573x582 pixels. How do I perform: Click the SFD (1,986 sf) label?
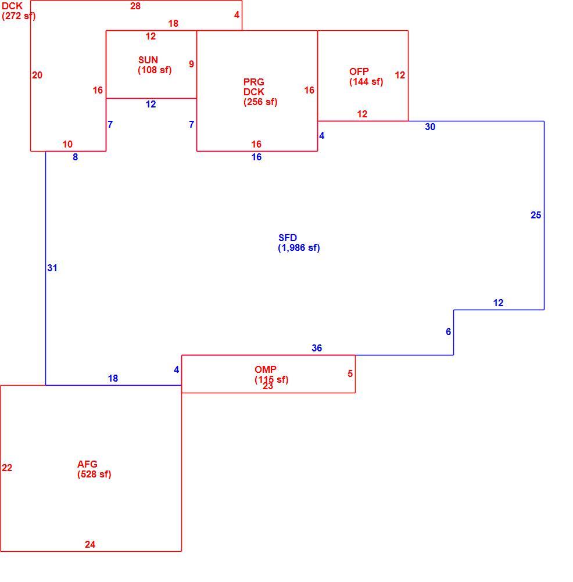coord(299,243)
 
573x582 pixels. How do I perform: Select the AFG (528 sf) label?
coord(94,469)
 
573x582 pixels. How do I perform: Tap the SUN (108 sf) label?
coord(155,65)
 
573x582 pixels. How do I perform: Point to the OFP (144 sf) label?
coord(366,77)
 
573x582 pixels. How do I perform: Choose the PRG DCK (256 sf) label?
coord(260,92)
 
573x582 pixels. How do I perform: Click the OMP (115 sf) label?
coord(271,375)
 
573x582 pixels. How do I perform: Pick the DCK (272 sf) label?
coord(19,11)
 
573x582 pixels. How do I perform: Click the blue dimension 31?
coord(52,268)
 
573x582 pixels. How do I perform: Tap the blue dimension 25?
coord(536,215)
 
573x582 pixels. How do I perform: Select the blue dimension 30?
coord(430,127)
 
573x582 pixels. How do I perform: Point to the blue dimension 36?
coord(317,348)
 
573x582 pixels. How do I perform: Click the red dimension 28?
coord(135,6)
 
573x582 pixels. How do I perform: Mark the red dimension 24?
coord(90,544)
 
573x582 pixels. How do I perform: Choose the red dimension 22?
coord(7,468)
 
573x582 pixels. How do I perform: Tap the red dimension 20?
coord(37,76)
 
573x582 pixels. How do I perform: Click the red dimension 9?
coord(191,64)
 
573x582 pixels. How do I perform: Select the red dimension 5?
coord(350,374)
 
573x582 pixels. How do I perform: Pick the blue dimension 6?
coord(448,332)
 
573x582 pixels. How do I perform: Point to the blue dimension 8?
coord(76,157)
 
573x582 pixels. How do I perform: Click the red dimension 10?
coord(67,145)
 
